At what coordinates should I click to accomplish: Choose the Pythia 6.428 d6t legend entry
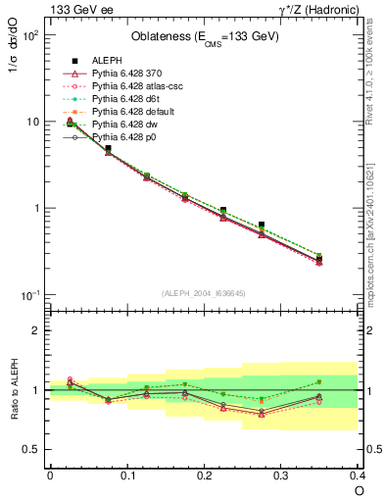123,98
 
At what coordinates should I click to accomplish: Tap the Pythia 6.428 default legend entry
129,111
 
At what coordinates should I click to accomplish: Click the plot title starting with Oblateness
205,37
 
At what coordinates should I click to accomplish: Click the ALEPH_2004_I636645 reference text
205,293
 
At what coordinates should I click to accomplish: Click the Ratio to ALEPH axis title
14,390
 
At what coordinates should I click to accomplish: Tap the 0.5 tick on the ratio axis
37,449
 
